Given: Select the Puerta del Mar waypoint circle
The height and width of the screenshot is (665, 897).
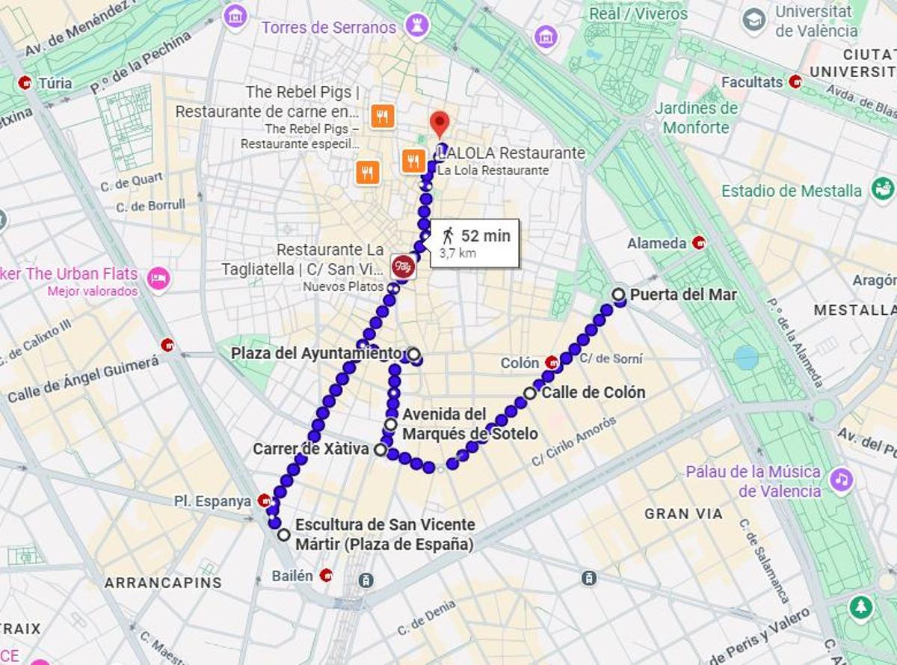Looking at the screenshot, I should (x=619, y=295).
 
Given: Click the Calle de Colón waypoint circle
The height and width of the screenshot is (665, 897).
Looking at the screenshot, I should (x=530, y=393).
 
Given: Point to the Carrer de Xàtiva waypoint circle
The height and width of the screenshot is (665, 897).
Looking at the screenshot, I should (x=380, y=450).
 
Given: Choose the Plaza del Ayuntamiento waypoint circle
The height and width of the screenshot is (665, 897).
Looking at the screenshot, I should (x=413, y=353).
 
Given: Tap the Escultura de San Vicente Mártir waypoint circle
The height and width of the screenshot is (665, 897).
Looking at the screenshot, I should (x=284, y=535).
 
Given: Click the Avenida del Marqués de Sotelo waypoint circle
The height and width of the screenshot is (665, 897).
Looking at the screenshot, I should (x=391, y=425).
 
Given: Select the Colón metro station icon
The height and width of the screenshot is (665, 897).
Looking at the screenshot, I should (x=552, y=363).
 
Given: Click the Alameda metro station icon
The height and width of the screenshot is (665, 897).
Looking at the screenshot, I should (x=700, y=242).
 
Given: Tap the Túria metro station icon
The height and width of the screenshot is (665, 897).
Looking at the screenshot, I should (x=25, y=82).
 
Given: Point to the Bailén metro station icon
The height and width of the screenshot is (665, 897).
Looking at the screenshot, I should (x=326, y=575).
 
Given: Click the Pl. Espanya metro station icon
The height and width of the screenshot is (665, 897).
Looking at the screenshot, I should (x=264, y=500).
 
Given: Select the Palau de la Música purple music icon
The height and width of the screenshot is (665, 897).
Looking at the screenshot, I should (x=842, y=479).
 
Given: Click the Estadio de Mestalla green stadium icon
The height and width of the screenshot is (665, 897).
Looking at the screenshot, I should (x=883, y=189).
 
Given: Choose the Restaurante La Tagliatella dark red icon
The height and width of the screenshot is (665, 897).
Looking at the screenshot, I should (x=403, y=266).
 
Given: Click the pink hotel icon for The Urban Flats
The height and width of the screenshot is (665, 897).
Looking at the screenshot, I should (x=158, y=279).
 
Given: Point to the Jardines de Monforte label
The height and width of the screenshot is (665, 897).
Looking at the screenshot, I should (x=696, y=117).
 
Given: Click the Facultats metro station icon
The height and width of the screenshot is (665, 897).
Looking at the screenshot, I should (x=795, y=82).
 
